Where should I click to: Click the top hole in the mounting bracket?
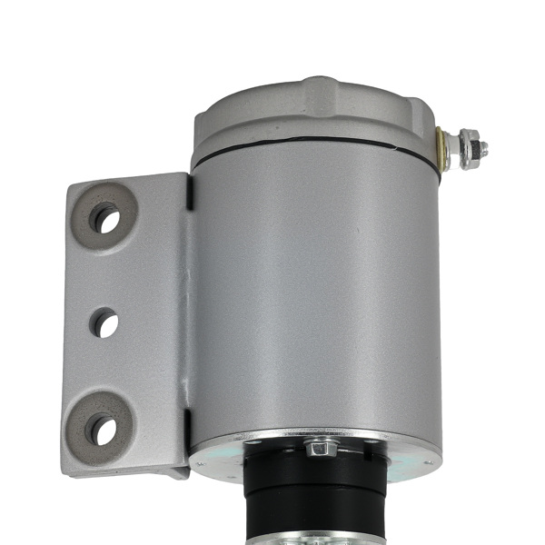coord(105,219)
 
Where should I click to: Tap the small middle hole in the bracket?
coord(104,322)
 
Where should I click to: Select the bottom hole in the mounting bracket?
coord(103,430)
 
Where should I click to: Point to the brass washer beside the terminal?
coord(442,149)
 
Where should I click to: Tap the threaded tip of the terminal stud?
coord(483,148)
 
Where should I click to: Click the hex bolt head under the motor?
coord(320,447)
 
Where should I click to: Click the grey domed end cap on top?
coord(313,114)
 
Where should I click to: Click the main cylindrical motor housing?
coord(313,291)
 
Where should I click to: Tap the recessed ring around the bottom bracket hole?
coord(120,419)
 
